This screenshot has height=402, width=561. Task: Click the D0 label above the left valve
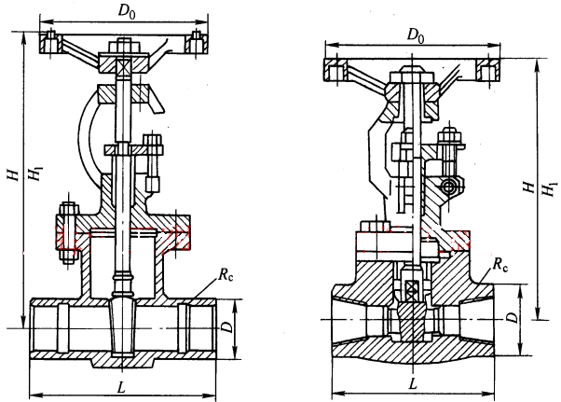click(x=127, y=12)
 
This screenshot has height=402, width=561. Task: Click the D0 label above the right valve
click(x=416, y=35)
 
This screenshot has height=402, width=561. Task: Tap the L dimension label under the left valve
click(x=122, y=387)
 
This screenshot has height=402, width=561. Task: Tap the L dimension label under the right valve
click(x=413, y=384)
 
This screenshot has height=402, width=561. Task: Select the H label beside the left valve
click(x=14, y=175)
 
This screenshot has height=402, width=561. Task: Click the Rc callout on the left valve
click(x=226, y=275)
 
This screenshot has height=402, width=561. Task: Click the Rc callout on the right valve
click(x=500, y=264)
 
